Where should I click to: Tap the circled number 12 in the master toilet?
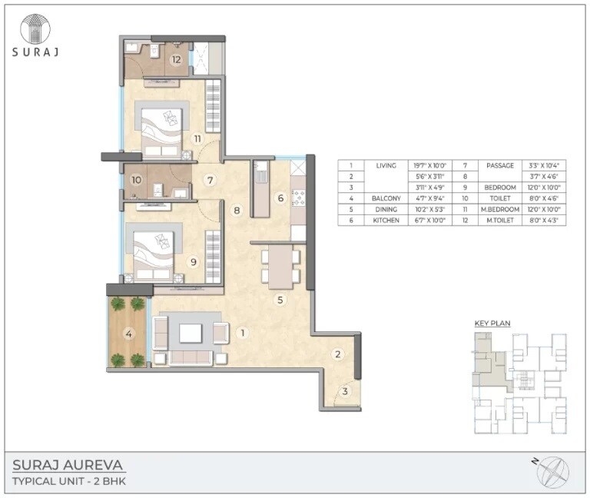tap(176, 59)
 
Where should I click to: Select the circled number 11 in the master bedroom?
tap(197, 138)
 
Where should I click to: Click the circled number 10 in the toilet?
tap(137, 181)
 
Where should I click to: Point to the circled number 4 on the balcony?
tap(128, 333)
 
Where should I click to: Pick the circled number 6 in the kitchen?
tap(280, 198)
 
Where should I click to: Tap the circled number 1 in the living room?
tap(242, 333)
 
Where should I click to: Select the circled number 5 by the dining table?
tap(280, 300)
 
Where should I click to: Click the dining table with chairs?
tap(280, 265)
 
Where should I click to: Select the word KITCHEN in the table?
tap(386, 221)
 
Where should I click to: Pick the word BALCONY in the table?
tap(386, 198)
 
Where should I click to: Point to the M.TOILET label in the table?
tap(499, 221)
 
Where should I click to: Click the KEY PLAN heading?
tap(492, 324)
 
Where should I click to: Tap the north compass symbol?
tap(552, 469)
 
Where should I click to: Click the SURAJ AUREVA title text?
tap(68, 465)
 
